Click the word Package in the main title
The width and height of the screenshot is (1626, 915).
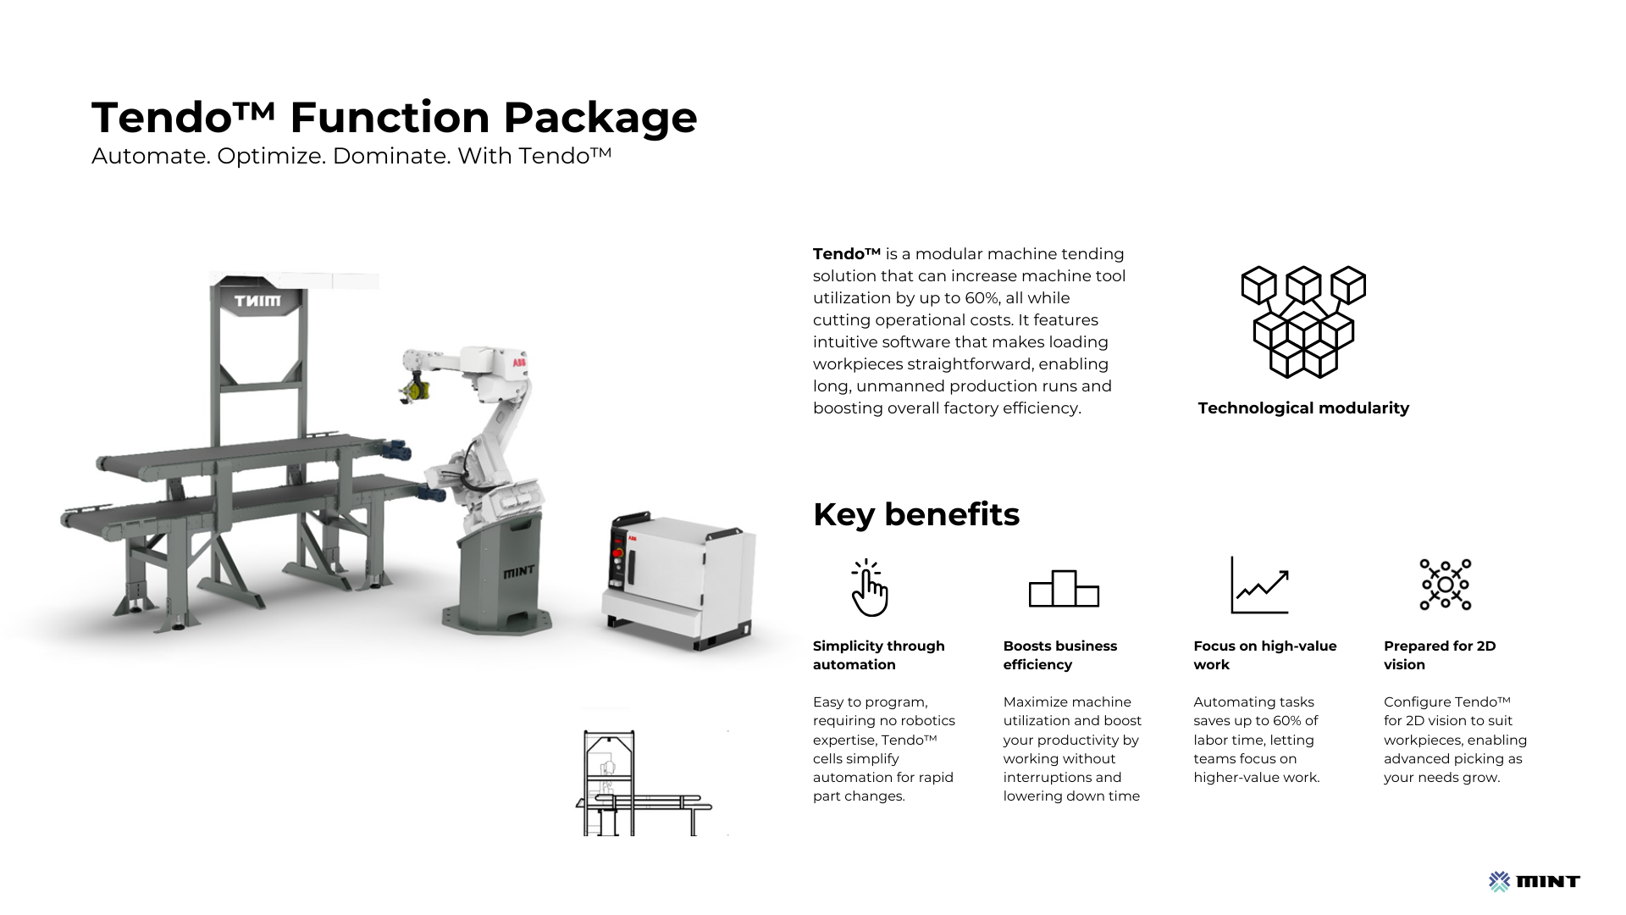[600, 119]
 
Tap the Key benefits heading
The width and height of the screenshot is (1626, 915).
[916, 514]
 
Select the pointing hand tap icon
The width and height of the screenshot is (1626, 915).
[869, 587]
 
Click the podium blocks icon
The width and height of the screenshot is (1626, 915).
[1064, 588]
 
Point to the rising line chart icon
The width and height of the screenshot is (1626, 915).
[1259, 585]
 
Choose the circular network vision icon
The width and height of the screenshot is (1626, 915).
[1446, 585]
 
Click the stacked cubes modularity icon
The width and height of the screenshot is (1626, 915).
[1303, 322]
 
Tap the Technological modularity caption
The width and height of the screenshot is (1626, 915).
[1303, 408]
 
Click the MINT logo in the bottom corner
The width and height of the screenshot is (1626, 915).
[1535, 882]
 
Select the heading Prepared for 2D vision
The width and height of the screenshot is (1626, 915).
[1440, 655]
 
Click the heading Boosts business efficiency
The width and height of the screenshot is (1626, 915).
[1060, 655]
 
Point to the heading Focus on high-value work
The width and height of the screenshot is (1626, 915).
[1265, 655]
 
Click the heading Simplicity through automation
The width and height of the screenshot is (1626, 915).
[879, 655]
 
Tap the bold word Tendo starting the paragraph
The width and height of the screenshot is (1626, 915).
[847, 254]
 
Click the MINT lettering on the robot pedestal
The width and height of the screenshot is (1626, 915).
[518, 572]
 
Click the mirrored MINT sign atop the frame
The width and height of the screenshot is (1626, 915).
[257, 301]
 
